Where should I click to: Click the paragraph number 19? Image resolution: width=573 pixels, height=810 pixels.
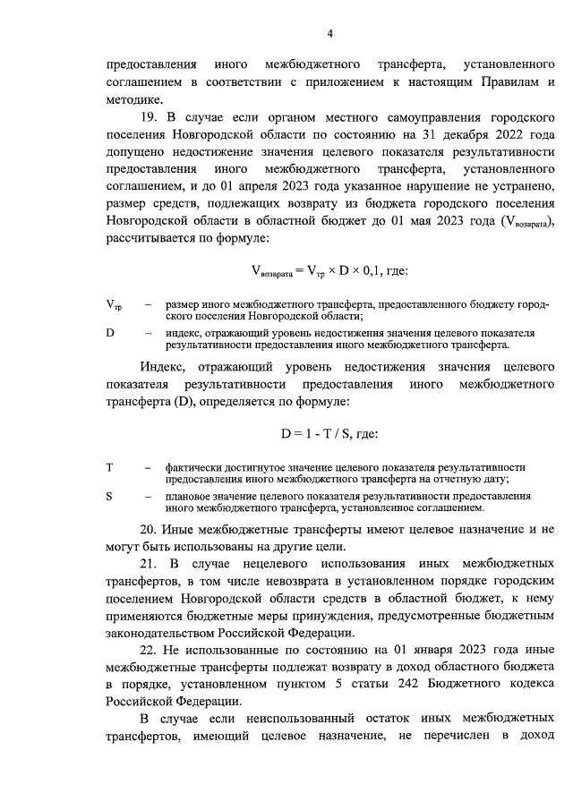point(150,117)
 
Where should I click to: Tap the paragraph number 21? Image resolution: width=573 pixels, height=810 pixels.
point(150,564)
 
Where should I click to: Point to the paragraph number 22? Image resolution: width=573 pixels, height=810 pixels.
point(150,650)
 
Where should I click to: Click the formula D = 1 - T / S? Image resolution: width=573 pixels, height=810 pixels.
point(329,434)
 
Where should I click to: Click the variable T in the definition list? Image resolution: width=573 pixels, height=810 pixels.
point(109,467)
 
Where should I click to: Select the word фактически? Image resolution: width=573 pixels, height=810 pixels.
point(195,467)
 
